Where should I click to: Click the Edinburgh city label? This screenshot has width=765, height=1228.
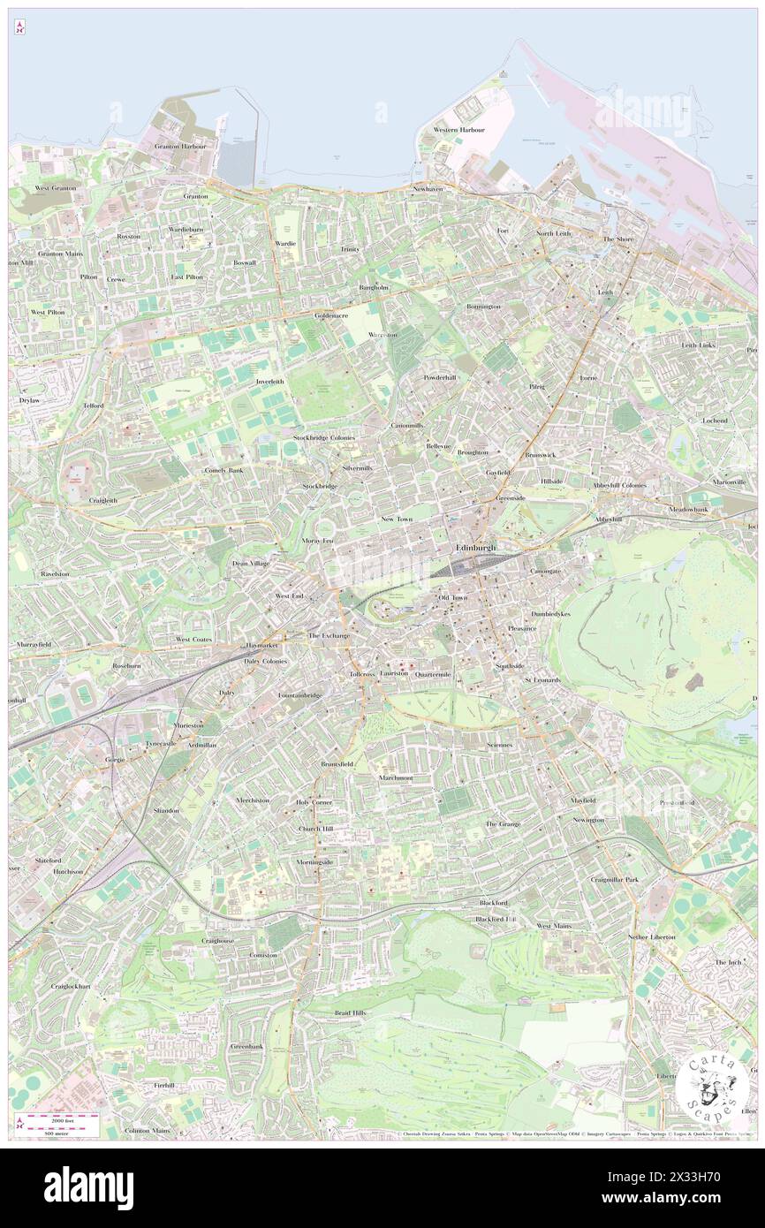(x=476, y=549)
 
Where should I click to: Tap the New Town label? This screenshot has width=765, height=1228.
(x=397, y=519)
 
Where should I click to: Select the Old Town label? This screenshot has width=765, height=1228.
(x=453, y=598)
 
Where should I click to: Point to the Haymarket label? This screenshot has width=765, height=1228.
(x=261, y=646)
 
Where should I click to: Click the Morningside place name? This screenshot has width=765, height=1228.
(x=314, y=861)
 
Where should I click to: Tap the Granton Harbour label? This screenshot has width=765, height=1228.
(x=180, y=146)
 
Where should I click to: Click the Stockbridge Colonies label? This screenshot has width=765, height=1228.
(x=324, y=437)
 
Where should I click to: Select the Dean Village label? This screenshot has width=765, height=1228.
(x=251, y=563)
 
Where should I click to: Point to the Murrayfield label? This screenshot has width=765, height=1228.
(x=34, y=645)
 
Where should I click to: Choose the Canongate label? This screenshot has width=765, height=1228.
(x=545, y=571)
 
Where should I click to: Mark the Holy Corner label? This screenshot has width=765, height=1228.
(x=314, y=802)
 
